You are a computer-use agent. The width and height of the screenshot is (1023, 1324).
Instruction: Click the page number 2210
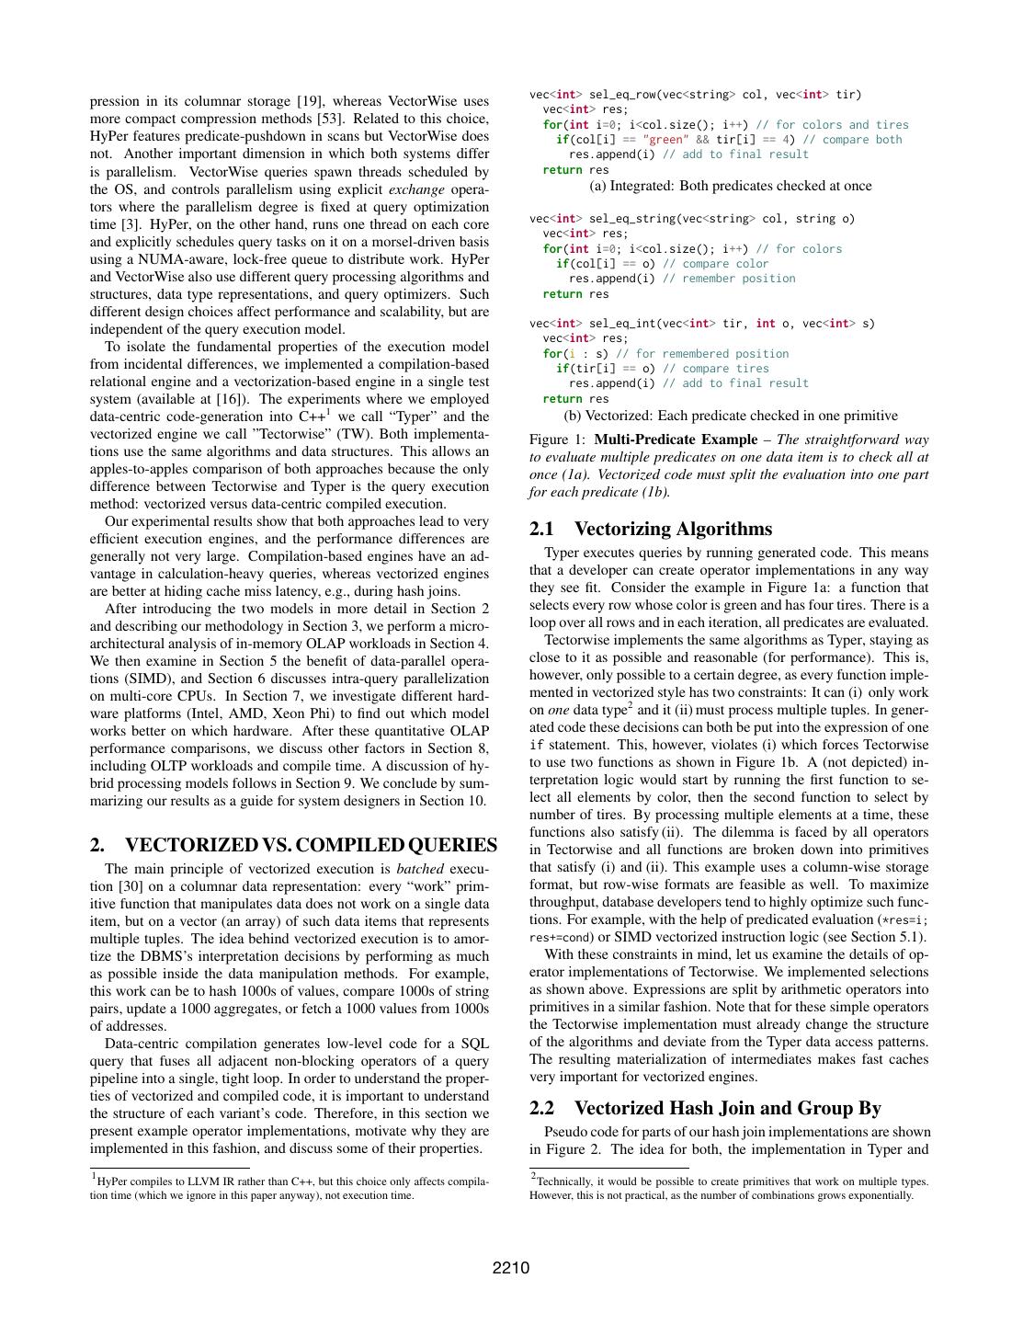click(511, 1268)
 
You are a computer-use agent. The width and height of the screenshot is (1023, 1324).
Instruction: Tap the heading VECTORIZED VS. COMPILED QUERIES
click(311, 845)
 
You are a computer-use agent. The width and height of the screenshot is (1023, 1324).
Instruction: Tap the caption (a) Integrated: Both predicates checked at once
click(730, 186)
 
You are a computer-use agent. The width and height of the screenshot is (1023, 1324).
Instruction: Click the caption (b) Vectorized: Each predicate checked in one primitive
click(730, 416)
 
